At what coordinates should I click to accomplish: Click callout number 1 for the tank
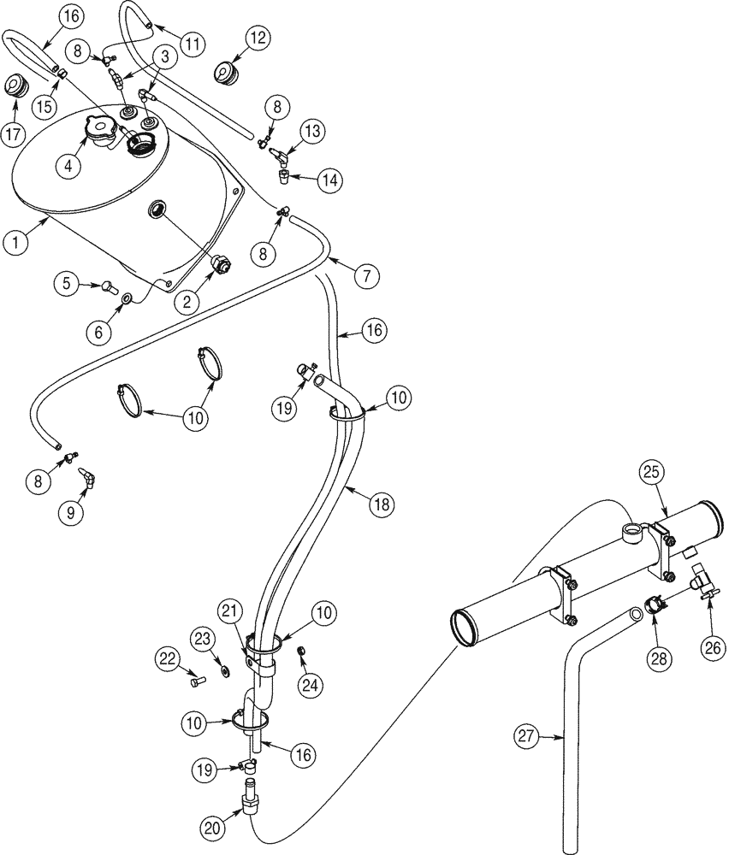click(x=15, y=242)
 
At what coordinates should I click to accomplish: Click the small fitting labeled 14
click(x=283, y=177)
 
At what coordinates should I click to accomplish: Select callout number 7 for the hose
click(x=365, y=276)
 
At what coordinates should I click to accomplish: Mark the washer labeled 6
click(x=126, y=298)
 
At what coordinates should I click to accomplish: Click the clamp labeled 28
click(x=655, y=607)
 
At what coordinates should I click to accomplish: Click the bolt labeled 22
click(x=198, y=681)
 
